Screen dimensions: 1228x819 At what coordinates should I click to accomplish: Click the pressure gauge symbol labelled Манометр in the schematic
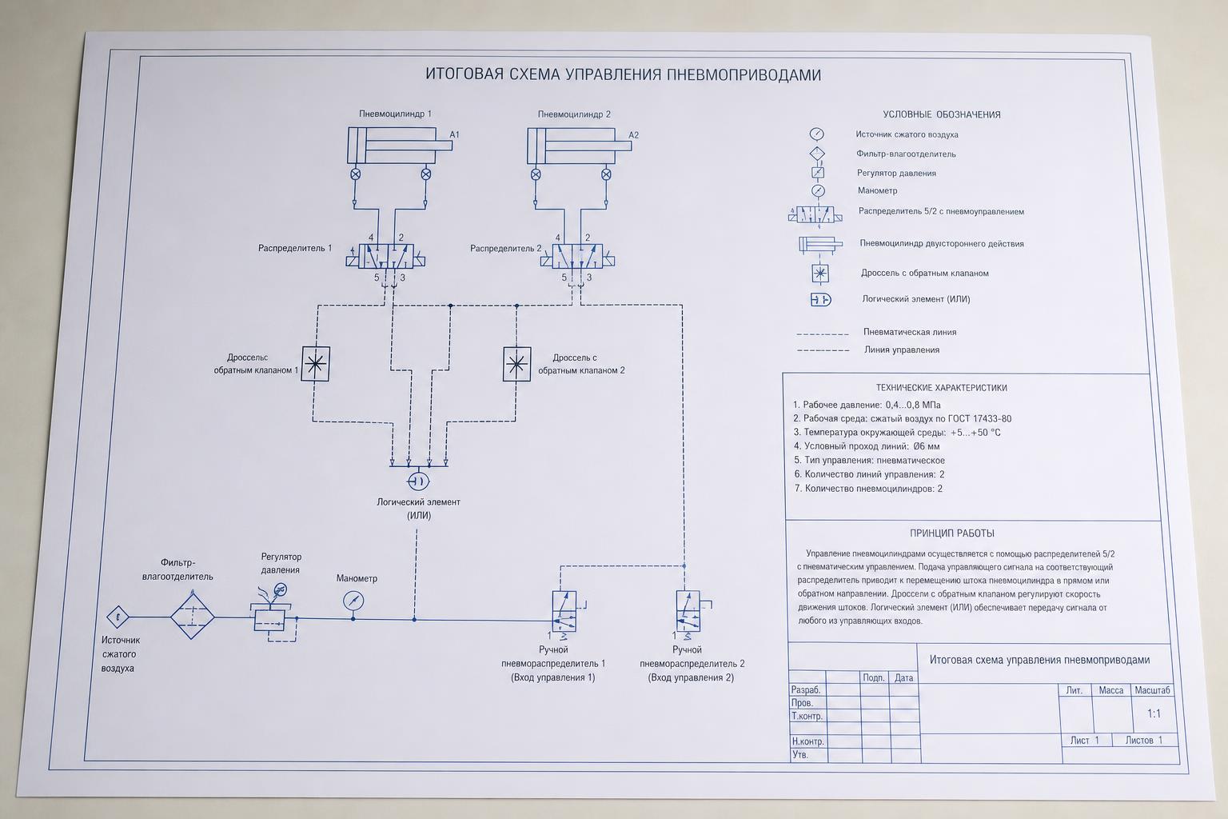coord(353,601)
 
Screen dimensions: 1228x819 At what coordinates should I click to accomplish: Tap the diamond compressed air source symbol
coord(118,617)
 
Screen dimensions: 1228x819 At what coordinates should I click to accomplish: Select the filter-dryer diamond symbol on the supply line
coord(192,617)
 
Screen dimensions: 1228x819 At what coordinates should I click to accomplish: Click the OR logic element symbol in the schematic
coord(418,481)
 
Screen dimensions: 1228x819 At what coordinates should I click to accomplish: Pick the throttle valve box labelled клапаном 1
coord(316,364)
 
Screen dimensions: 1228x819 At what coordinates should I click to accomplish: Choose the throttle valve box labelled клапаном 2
coord(517,364)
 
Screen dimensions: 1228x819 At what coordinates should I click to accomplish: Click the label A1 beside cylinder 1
coord(454,134)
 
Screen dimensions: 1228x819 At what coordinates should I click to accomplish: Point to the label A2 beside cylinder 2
coord(634,135)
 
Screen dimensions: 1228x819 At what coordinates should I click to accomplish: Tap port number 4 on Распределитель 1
coord(371,238)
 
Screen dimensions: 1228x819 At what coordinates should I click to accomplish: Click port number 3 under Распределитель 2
coord(589,278)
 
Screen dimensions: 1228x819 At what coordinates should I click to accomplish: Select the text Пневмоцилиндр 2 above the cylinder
coord(574,114)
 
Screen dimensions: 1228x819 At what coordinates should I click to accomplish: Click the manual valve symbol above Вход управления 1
coord(564,612)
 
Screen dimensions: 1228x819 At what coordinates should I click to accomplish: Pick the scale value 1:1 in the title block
coord(1154,713)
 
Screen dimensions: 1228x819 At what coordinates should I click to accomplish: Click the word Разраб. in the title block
coord(806,689)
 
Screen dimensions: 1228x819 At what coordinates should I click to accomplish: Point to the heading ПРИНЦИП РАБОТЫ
coord(952,533)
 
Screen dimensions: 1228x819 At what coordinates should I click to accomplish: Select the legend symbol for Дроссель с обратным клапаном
coord(820,274)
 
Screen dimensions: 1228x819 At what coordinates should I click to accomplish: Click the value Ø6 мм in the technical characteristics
coord(927,446)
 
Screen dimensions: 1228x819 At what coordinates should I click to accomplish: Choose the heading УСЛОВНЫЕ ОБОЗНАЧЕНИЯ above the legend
coord(942,114)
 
